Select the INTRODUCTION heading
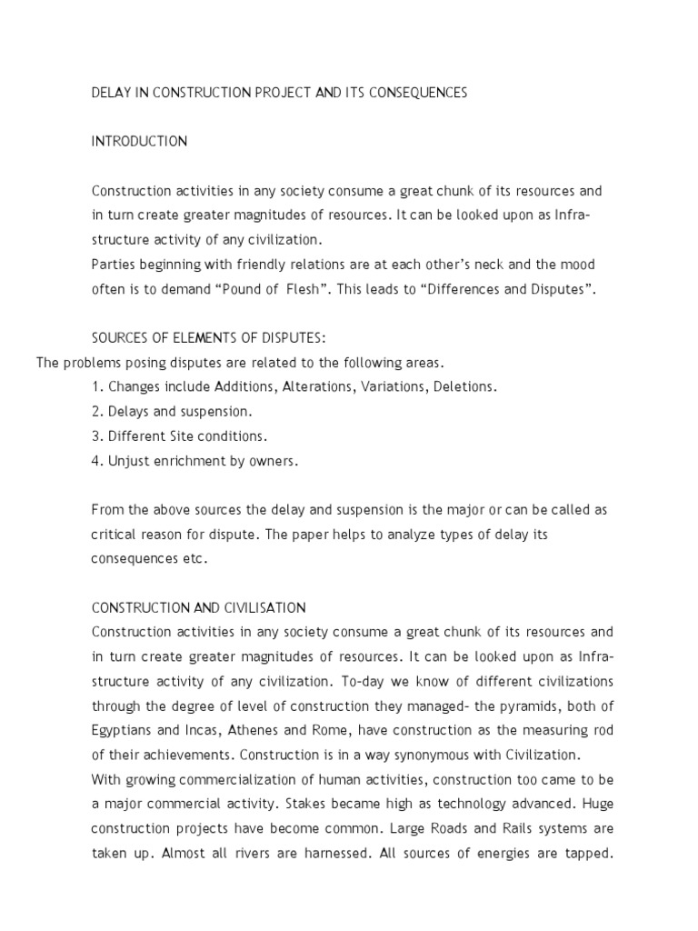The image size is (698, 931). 139,141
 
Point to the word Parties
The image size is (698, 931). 114,265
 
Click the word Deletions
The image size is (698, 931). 463,387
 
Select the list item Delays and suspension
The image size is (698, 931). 173,412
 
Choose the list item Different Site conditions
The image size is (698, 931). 180,436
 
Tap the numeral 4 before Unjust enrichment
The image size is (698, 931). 95,461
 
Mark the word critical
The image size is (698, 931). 115,535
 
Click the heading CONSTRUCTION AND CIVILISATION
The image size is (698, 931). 198,607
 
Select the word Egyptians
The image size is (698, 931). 124,730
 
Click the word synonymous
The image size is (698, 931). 431,755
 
